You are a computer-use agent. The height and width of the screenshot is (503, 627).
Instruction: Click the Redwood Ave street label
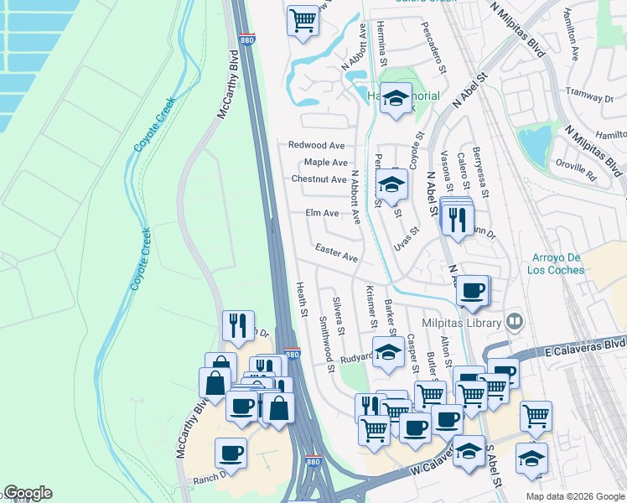point(317,145)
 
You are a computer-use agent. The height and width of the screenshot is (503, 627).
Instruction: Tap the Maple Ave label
point(325,162)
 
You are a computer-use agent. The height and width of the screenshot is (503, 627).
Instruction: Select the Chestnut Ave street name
point(319,179)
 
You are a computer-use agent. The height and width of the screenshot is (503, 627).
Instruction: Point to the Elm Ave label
point(323,213)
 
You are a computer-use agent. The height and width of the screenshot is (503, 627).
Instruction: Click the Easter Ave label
point(337,251)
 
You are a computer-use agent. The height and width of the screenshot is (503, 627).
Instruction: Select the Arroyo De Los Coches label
point(560,263)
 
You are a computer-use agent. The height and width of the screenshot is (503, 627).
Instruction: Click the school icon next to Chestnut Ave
point(391,184)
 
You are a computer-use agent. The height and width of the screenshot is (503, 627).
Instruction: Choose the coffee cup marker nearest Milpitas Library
point(474,290)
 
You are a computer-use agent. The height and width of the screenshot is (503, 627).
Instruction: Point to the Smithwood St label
point(322,345)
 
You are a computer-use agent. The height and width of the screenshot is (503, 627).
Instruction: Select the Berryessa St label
point(479,163)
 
